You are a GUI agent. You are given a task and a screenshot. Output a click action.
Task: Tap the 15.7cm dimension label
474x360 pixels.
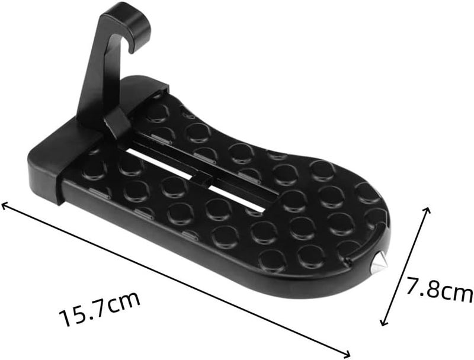[x=100, y=308]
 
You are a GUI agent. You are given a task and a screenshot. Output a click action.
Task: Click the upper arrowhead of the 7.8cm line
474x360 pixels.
[x=427, y=211]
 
